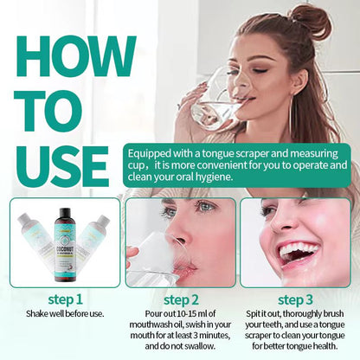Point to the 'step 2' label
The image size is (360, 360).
point(180,298)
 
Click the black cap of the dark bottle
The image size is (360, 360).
point(66,208)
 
